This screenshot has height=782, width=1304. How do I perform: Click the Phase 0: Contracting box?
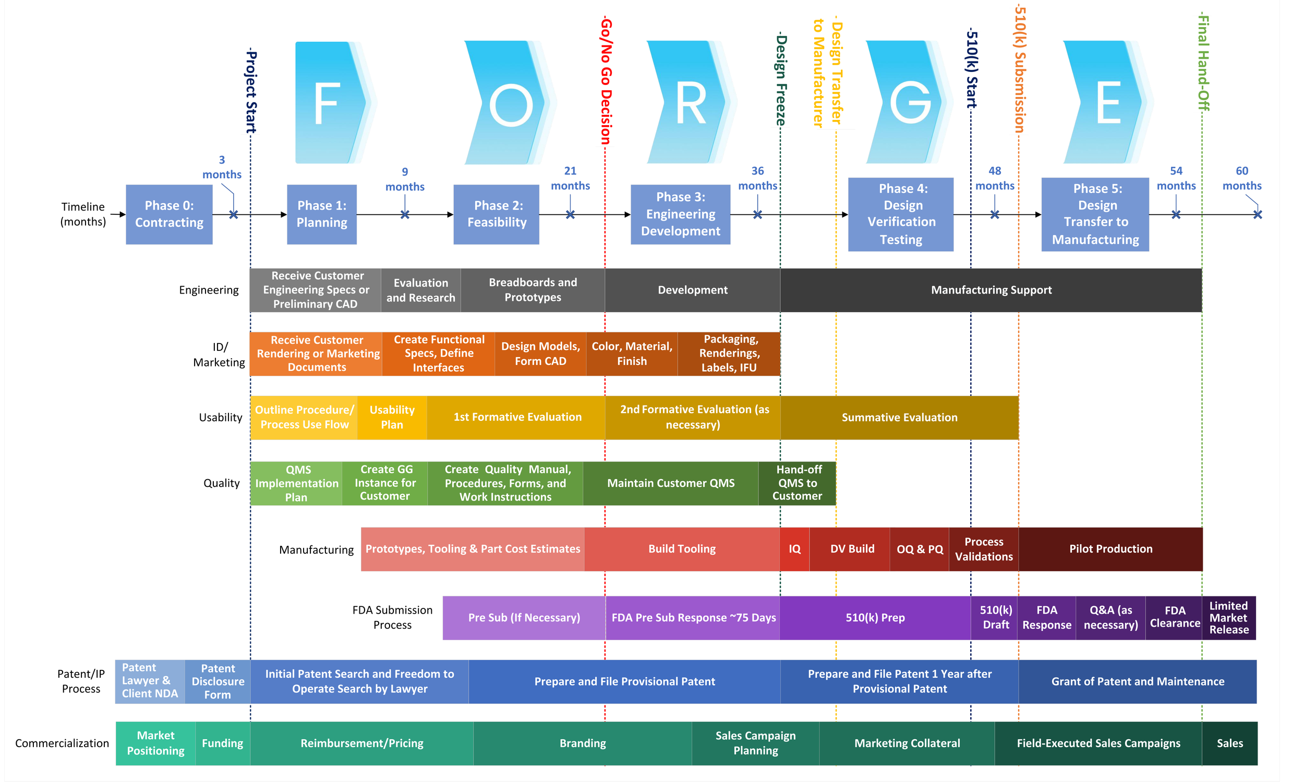tap(168, 214)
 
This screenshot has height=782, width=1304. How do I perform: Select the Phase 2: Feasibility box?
tap(496, 214)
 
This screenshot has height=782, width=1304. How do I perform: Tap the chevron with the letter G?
tap(908, 102)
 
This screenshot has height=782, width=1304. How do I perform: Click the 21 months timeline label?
tap(570, 178)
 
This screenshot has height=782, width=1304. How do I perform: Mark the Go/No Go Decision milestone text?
tap(606, 81)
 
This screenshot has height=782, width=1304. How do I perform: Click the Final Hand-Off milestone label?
tap(1203, 63)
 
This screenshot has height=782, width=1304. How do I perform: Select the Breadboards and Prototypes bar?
tap(533, 290)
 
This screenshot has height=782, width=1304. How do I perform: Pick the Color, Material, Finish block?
tap(632, 353)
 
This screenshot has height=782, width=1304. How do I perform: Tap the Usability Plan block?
tap(392, 418)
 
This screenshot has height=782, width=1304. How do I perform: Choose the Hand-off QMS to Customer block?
tap(797, 483)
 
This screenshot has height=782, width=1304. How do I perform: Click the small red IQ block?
tap(794, 549)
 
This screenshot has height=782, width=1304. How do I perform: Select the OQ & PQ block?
tap(919, 549)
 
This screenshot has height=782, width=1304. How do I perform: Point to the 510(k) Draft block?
tap(995, 617)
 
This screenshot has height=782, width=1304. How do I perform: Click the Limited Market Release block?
tap(1228, 618)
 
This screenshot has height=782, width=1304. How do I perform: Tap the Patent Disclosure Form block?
tap(218, 681)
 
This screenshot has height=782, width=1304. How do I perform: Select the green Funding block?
tap(222, 743)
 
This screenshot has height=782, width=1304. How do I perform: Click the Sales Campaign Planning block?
tap(755, 743)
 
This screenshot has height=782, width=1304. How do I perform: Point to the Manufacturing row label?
tap(316, 549)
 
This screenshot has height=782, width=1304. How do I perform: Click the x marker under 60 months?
tap(1257, 214)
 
